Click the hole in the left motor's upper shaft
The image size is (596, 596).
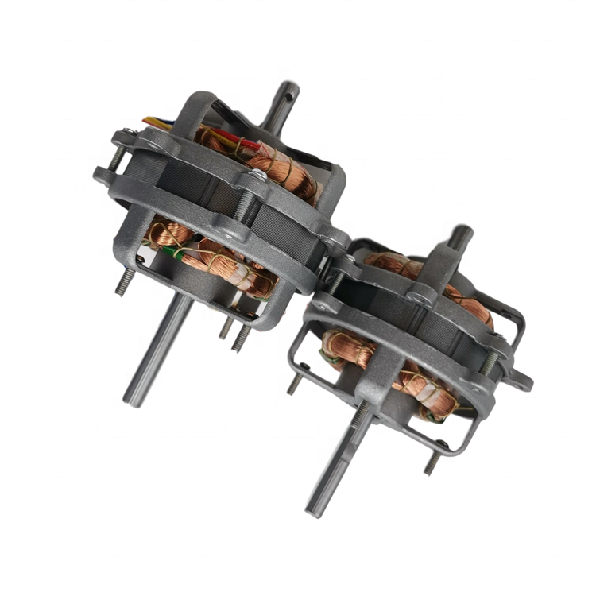click(x=284, y=101)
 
